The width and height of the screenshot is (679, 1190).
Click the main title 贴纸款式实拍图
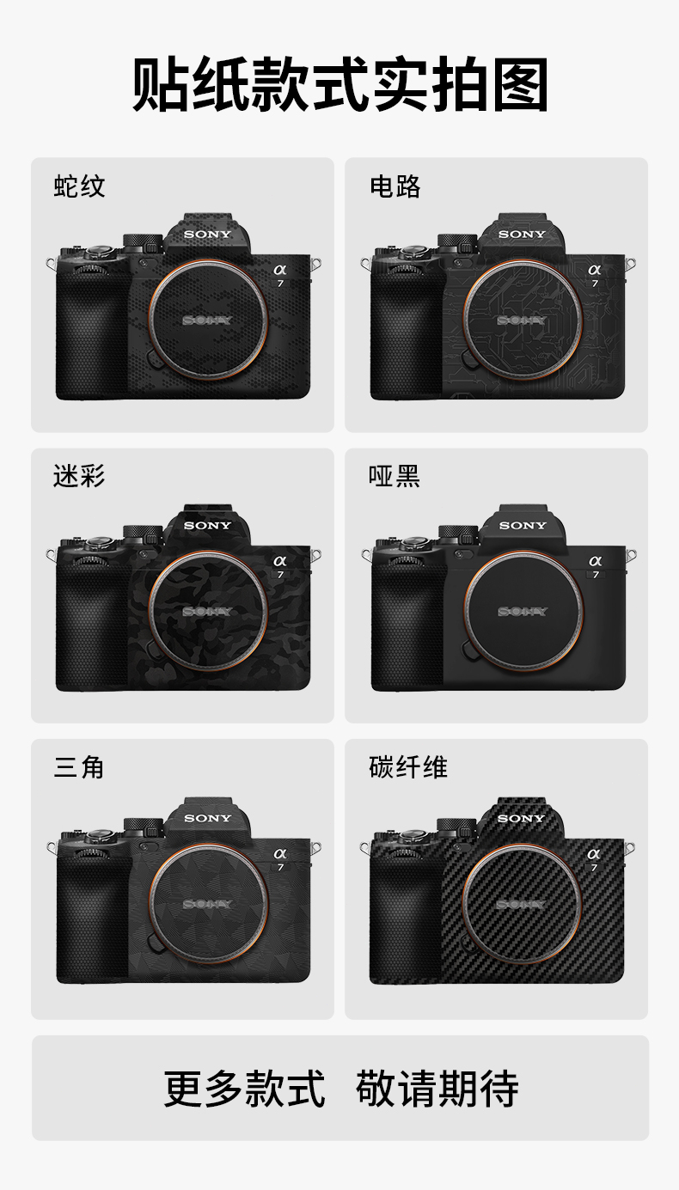tap(339, 85)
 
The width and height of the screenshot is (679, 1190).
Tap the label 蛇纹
tap(79, 186)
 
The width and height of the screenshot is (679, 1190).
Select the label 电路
tap(395, 186)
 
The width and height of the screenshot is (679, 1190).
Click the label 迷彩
tap(79, 475)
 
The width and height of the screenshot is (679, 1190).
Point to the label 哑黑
tap(395, 475)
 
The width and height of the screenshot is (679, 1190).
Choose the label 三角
tap(79, 766)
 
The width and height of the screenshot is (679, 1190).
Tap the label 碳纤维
tap(408, 766)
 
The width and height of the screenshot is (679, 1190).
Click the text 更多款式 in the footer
tap(244, 1089)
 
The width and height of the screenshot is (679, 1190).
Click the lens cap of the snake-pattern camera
tap(207, 320)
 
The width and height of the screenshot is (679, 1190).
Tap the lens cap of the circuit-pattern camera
tap(523, 320)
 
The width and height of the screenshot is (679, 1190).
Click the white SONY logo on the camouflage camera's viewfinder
tap(207, 525)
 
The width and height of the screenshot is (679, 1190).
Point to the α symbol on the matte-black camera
tap(595, 560)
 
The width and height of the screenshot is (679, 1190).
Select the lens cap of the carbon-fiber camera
tap(521, 904)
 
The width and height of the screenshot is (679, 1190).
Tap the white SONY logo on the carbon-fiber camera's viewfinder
tap(521, 818)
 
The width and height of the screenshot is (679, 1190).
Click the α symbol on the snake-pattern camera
tap(279, 269)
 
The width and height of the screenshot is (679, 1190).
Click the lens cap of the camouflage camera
tap(207, 611)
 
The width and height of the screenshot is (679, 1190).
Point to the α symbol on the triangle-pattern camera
tap(279, 852)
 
